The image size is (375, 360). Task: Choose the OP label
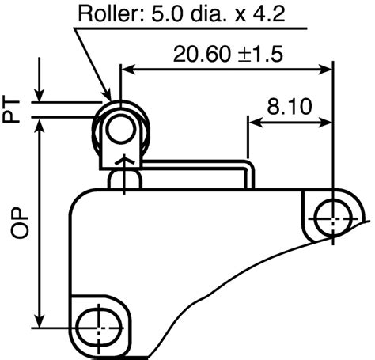pyautogui.click(x=12, y=223)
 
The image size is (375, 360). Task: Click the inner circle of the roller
pyautogui.click(x=119, y=131)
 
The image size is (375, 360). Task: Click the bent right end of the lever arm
pyautogui.click(x=252, y=171)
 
